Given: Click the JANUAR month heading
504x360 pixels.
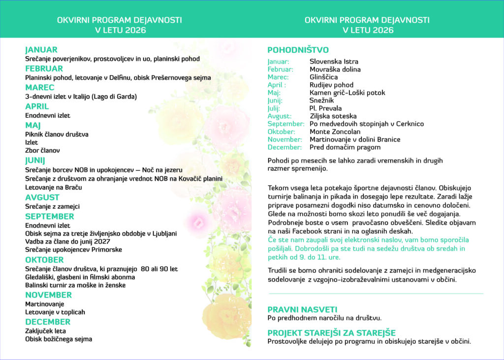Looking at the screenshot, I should coord(41,50).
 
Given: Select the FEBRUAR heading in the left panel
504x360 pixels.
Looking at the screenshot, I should coord(44,68).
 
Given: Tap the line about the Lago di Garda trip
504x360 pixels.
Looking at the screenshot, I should coord(81,97).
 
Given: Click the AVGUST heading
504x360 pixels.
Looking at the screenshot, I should coord(42,197).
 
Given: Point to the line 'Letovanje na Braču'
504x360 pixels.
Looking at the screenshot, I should coord(54,187).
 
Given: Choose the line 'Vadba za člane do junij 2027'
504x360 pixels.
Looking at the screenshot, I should coord(68,241).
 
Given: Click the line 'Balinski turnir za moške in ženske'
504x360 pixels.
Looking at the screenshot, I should coord(75,285).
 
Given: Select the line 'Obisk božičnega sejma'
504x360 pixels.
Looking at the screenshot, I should coord(59,339).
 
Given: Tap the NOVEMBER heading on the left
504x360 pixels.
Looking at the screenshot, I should coord(49,295).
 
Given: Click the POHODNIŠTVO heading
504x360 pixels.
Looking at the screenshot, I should coord(298,50).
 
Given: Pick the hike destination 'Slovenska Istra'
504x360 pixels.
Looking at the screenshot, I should coord(334,62).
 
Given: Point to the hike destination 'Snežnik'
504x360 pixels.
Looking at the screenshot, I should coord(322,100).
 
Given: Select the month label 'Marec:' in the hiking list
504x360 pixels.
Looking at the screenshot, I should coord(278,77).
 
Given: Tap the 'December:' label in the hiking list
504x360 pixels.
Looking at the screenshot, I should coord(284,147).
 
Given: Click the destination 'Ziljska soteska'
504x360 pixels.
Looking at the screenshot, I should coord(333,116).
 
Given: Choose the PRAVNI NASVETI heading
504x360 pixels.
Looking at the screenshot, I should coord(302,309).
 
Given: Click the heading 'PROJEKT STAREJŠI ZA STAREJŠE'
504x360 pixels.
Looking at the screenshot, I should coord(331,333).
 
